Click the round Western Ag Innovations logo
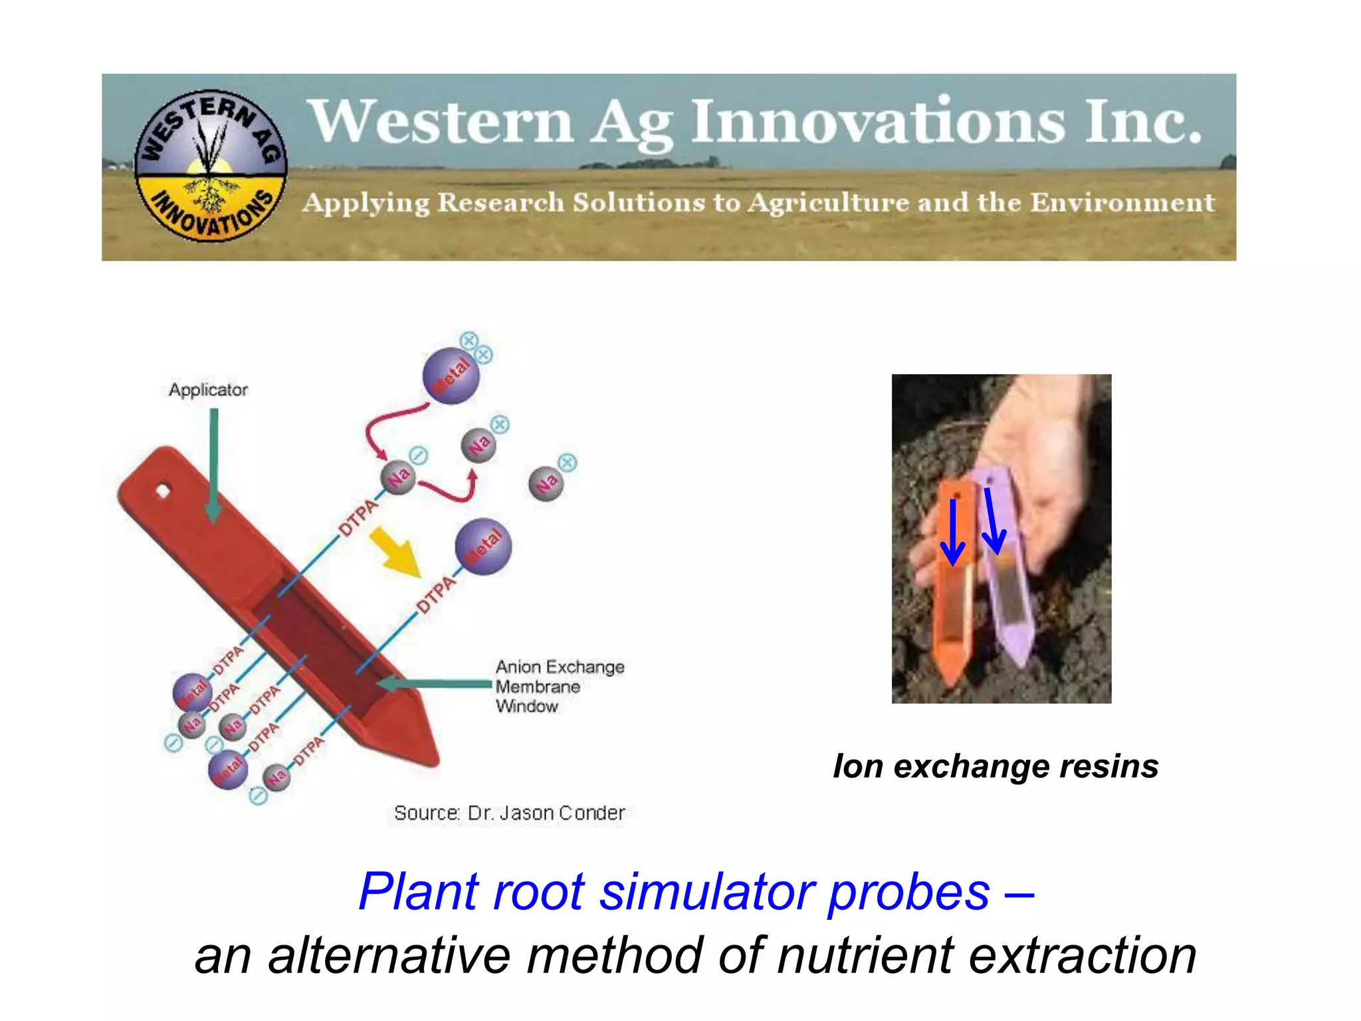tap(210, 166)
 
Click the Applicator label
tap(208, 390)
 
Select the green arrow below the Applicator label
tap(213, 465)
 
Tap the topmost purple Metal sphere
tap(451, 376)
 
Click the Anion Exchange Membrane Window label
tap(559, 686)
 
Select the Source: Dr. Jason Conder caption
tap(509, 813)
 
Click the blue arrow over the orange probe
tap(953, 532)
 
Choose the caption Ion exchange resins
tap(995, 766)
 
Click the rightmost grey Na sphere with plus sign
tap(546, 484)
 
